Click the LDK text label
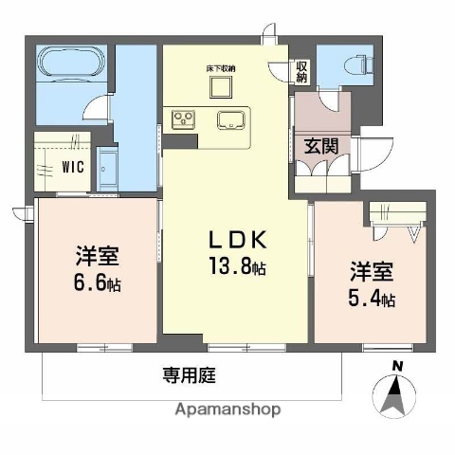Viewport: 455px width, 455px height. [x=236, y=240]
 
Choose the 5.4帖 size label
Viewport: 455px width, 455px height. [x=373, y=299]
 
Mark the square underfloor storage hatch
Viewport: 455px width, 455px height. [x=222, y=88]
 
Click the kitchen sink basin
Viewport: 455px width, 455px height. [x=232, y=120]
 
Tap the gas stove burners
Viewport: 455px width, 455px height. [x=184, y=119]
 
